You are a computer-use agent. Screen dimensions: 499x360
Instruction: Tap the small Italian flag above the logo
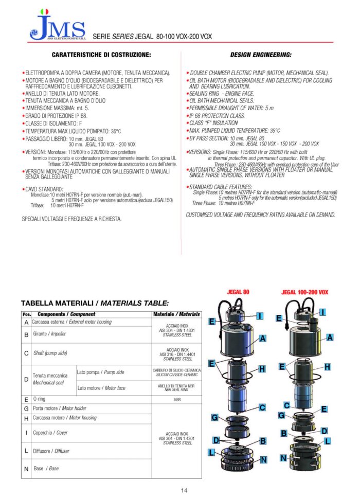[45, 11]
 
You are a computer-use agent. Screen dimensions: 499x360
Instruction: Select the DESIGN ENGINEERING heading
[260, 55]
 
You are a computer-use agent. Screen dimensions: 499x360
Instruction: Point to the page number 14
[184, 491]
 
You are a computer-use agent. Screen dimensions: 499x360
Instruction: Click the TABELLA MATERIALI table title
[95, 304]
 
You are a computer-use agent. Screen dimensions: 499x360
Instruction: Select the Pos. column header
[26, 314]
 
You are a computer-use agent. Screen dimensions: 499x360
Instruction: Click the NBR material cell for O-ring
[176, 399]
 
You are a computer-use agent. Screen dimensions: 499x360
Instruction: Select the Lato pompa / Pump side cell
[100, 372]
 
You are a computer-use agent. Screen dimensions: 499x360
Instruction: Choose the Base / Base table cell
[46, 469]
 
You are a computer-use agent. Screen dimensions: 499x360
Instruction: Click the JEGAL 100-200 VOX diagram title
[304, 292]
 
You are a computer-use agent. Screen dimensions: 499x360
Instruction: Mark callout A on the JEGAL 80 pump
[262, 338]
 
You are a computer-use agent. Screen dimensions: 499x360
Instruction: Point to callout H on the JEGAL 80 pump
[262, 369]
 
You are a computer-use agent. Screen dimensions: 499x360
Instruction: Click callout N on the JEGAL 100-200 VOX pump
[283, 458]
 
